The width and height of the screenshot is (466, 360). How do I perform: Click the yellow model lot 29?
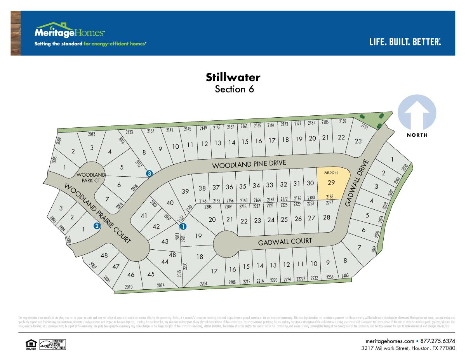[x=331, y=184]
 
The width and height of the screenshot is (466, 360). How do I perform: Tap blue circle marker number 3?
[x=149, y=174]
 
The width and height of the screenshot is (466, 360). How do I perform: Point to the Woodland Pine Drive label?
[x=249, y=164]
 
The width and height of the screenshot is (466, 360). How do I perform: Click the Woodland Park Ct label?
[x=90, y=177]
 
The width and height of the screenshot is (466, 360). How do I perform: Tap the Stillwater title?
[x=233, y=77]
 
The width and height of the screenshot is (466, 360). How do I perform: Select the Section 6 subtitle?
[x=234, y=89]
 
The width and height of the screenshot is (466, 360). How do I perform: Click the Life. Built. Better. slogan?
[x=405, y=42]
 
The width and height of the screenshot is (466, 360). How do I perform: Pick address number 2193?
[x=364, y=127]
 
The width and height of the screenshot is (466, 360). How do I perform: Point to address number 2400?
[x=345, y=276]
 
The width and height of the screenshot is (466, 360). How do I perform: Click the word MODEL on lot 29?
[x=331, y=172]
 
